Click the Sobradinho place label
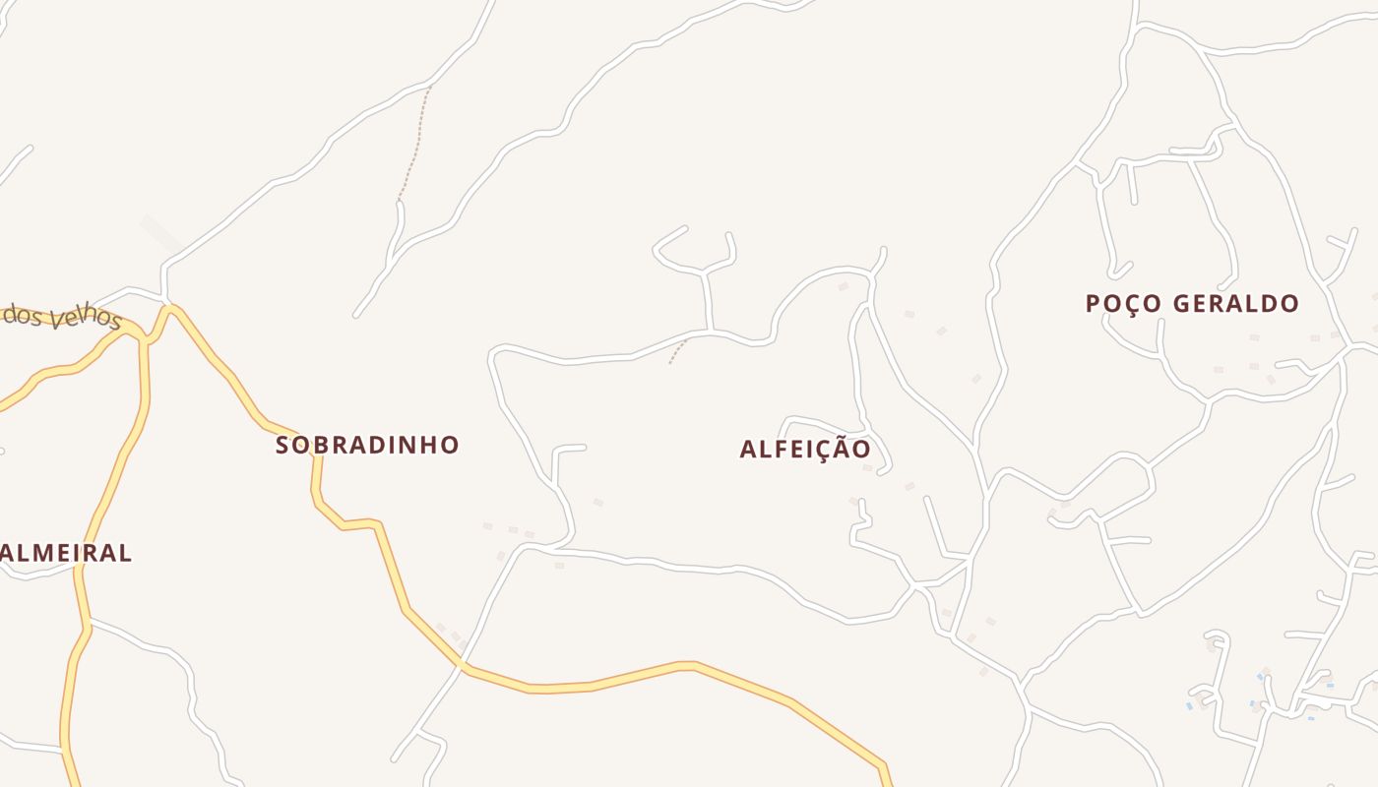pos(367,445)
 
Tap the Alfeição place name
pos(805,450)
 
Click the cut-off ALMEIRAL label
pos(66,553)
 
